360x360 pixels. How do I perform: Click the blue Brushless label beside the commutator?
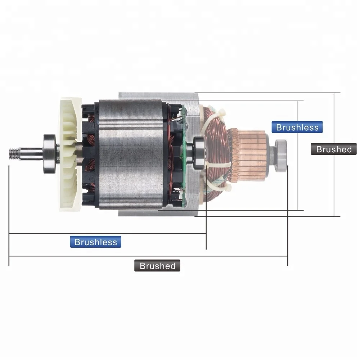297,127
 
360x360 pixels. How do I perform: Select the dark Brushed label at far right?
333,149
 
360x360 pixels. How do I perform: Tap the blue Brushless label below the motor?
96,242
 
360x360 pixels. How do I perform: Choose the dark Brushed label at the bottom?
157,266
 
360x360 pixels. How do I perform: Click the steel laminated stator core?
130,155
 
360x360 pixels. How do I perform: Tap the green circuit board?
184,155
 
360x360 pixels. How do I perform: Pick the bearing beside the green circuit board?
198,153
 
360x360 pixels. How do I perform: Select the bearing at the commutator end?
282,154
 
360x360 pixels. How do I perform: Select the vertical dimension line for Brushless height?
298,173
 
